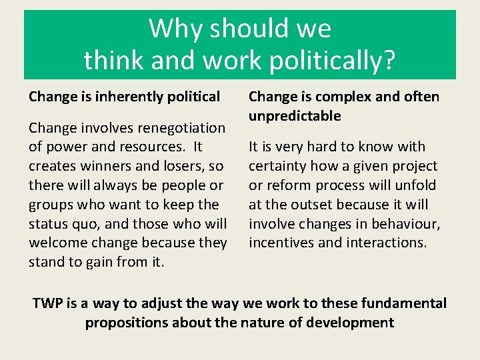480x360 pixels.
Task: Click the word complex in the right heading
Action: pos(344,97)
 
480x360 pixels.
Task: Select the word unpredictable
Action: pos(295,116)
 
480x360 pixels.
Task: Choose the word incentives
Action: pos(281,243)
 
